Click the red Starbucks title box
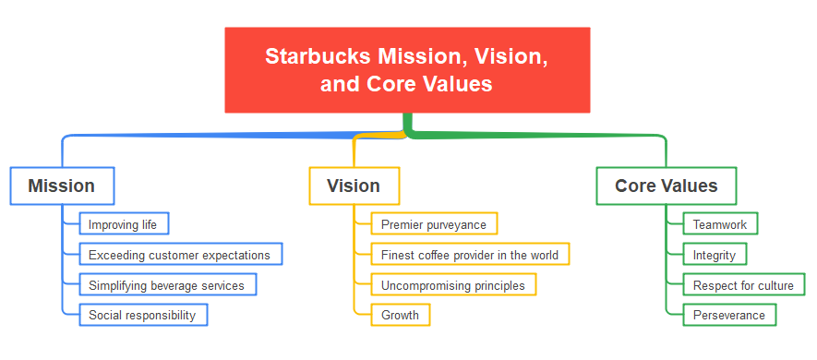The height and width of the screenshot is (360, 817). point(407,70)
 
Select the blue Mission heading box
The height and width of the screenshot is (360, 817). point(62,186)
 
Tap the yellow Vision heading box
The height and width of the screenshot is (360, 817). point(354,186)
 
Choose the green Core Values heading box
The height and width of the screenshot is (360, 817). point(666,186)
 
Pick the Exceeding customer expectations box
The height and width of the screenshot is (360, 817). point(180,255)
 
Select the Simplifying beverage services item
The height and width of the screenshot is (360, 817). point(167,285)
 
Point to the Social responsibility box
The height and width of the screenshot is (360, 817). point(143,315)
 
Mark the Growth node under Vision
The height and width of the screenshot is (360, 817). point(401,315)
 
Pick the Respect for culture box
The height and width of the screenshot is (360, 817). point(743,285)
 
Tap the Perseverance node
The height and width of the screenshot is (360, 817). point(729,315)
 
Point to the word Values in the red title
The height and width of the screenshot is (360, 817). point(453,84)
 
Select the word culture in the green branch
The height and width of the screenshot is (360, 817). point(775,285)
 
